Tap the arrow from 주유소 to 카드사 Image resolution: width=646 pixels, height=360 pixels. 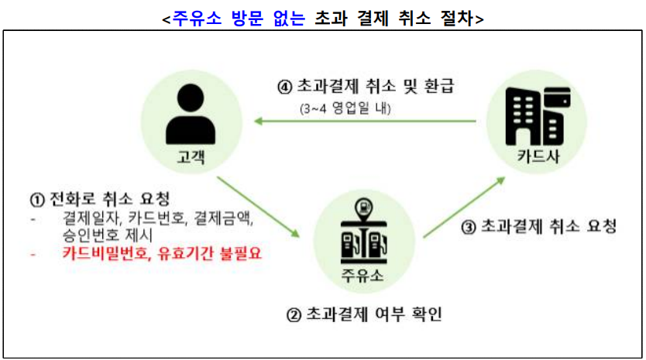[x=465, y=204]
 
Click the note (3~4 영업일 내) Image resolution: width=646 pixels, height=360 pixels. [x=345, y=108]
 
